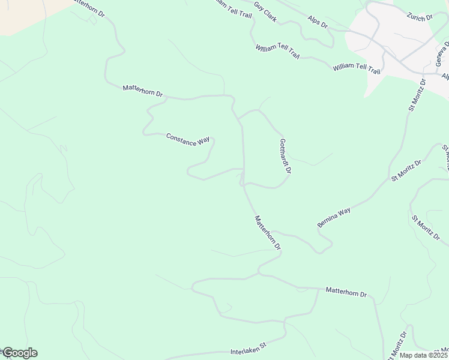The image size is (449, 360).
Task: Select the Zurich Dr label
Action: pyautogui.click(x=419, y=18)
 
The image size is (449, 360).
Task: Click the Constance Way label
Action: pyautogui.click(x=187, y=140)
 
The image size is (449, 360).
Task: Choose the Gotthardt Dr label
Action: pyautogui.click(x=285, y=156)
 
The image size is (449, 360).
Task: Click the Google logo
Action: pyautogui.click(x=19, y=353)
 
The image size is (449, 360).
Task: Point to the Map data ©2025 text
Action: pyautogui.click(x=424, y=355)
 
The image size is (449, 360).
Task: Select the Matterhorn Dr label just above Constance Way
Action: pyautogui.click(x=143, y=90)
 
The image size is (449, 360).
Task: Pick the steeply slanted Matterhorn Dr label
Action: pyautogui.click(x=267, y=232)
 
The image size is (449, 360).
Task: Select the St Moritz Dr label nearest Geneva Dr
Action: pyautogui.click(x=416, y=95)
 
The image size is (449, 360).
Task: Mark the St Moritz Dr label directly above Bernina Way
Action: pyautogui.click(x=406, y=170)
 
